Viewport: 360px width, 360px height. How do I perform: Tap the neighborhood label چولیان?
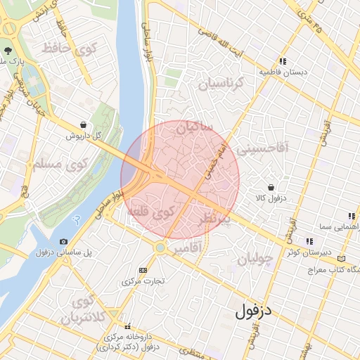[254, 259]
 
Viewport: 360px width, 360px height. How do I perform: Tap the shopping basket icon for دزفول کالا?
[271, 187]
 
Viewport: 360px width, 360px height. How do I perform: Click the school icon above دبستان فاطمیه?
[283, 61]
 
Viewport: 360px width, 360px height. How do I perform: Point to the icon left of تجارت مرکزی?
[143, 270]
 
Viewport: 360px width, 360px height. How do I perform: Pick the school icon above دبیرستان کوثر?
[309, 241]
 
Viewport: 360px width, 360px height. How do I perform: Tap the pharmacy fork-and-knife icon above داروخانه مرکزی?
[127, 326]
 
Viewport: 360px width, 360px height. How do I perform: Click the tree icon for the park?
[8, 51]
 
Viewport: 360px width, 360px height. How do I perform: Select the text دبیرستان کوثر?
[304, 252]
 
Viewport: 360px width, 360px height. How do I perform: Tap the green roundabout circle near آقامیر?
[161, 247]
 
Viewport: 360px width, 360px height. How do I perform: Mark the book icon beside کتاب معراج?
[342, 259]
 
